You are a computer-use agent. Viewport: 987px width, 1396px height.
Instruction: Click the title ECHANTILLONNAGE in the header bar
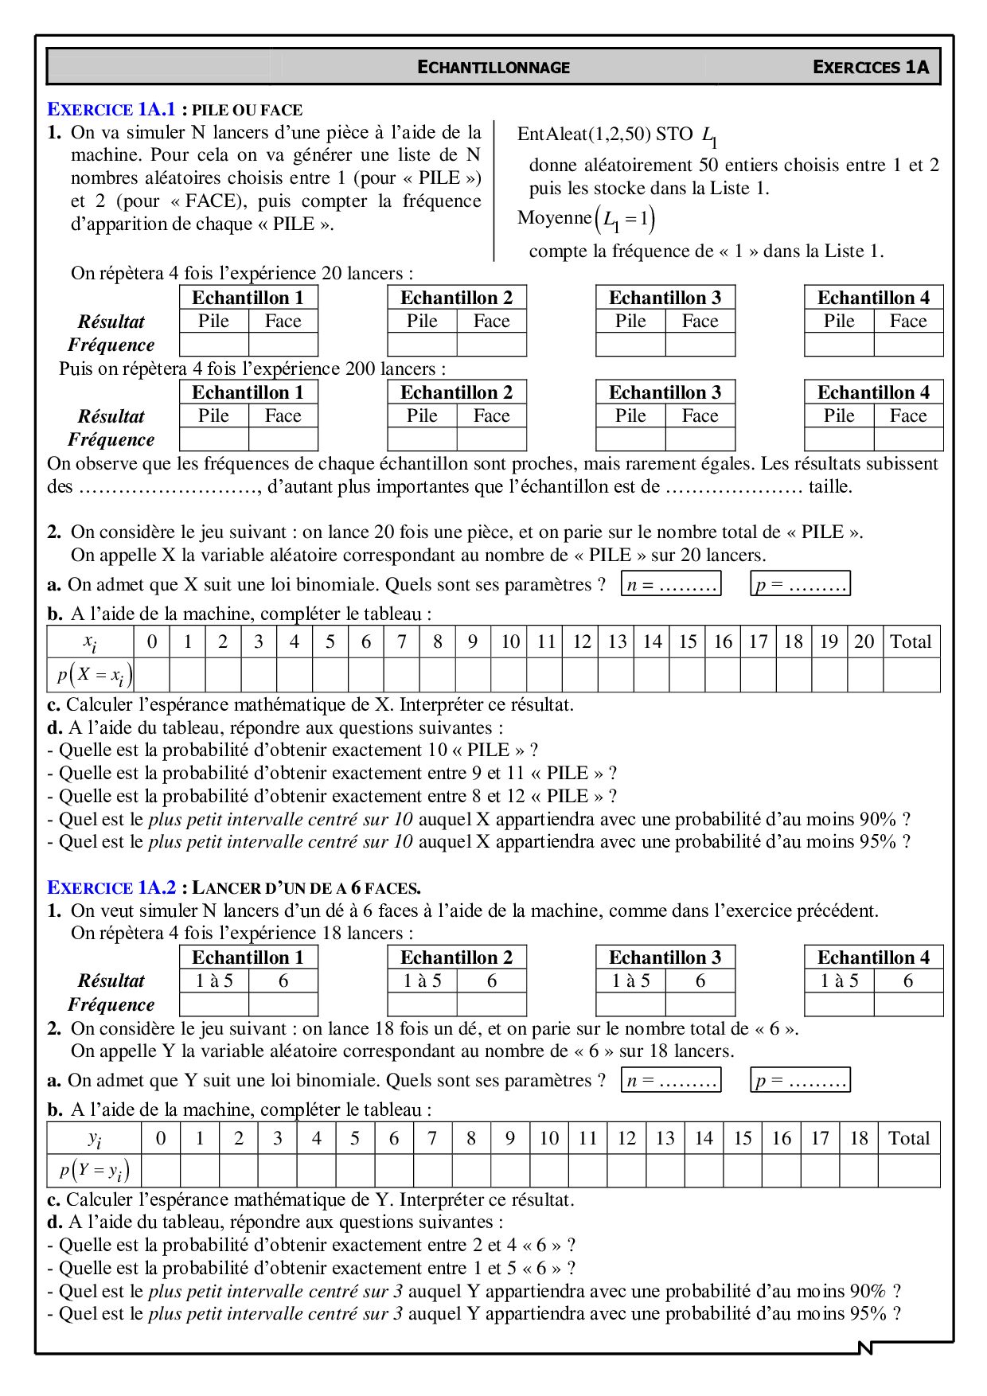(x=494, y=68)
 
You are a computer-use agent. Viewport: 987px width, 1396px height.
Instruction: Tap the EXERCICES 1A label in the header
(x=870, y=68)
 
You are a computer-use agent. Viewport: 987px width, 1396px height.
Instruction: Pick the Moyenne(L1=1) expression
(x=586, y=219)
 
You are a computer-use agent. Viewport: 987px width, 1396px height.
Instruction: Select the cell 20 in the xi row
(x=864, y=641)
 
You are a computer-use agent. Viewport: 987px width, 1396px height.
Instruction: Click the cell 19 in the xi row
(x=829, y=641)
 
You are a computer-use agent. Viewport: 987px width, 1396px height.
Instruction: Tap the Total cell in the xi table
(x=911, y=641)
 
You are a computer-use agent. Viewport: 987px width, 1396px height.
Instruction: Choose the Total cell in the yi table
(x=908, y=1138)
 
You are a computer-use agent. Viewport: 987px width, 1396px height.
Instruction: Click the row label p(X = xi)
(x=94, y=676)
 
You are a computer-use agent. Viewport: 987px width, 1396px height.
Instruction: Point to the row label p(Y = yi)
(x=94, y=1171)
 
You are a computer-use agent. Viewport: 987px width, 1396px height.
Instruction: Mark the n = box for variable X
(x=671, y=584)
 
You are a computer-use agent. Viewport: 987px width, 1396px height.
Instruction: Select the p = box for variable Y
(x=800, y=1080)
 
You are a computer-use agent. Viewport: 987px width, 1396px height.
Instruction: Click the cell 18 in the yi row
(x=858, y=1138)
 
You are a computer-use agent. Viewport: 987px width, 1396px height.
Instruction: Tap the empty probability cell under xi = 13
(x=617, y=676)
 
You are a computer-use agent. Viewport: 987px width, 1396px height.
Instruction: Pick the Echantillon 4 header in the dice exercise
(x=873, y=957)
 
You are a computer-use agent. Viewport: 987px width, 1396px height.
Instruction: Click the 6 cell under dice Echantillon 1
(x=283, y=981)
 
